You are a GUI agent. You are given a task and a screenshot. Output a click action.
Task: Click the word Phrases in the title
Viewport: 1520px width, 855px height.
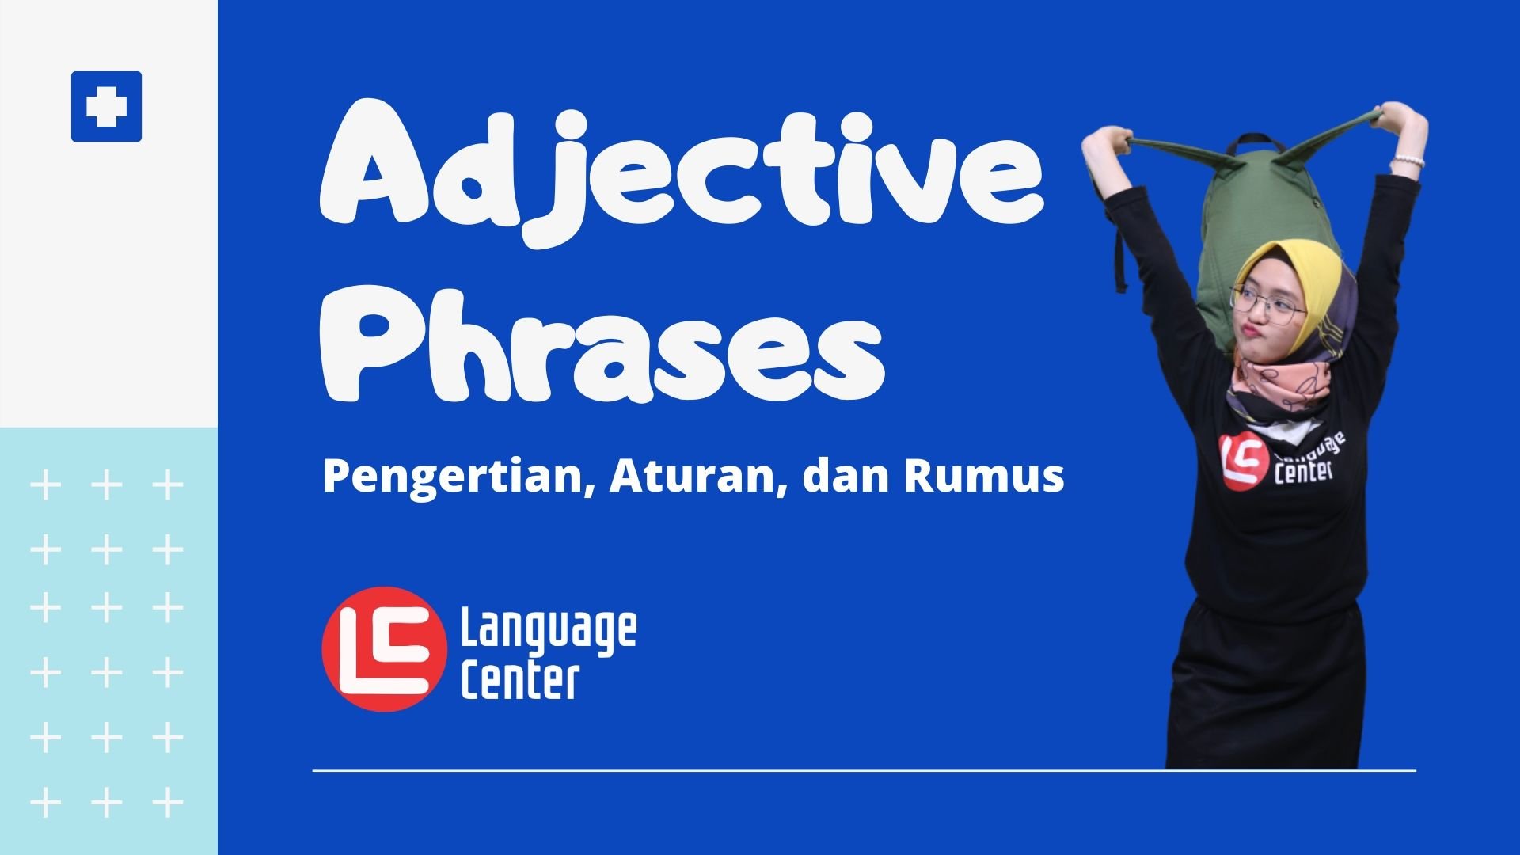(602, 344)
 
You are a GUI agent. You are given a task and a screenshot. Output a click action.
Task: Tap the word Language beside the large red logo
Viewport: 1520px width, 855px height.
(549, 630)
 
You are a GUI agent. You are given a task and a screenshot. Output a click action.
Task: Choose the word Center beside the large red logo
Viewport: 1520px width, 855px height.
(520, 680)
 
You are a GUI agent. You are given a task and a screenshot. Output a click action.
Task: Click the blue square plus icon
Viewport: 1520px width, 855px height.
(106, 107)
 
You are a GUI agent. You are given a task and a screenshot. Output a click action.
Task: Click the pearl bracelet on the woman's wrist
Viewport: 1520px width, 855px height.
(1408, 161)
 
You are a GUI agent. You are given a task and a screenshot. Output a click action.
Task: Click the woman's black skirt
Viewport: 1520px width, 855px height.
(1267, 689)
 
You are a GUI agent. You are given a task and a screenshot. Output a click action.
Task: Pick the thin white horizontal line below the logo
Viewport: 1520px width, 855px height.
(864, 769)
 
